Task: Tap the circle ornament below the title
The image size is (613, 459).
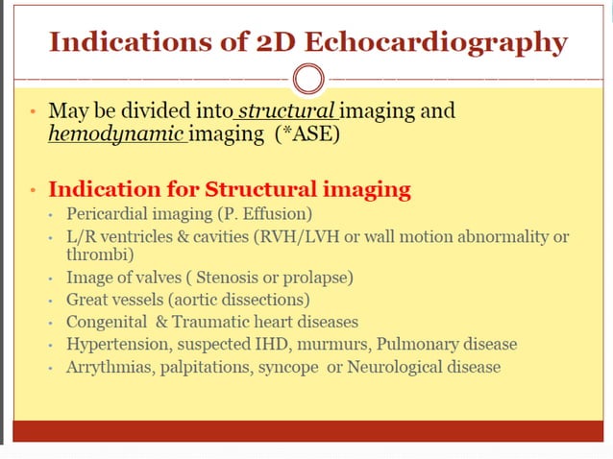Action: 306,77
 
